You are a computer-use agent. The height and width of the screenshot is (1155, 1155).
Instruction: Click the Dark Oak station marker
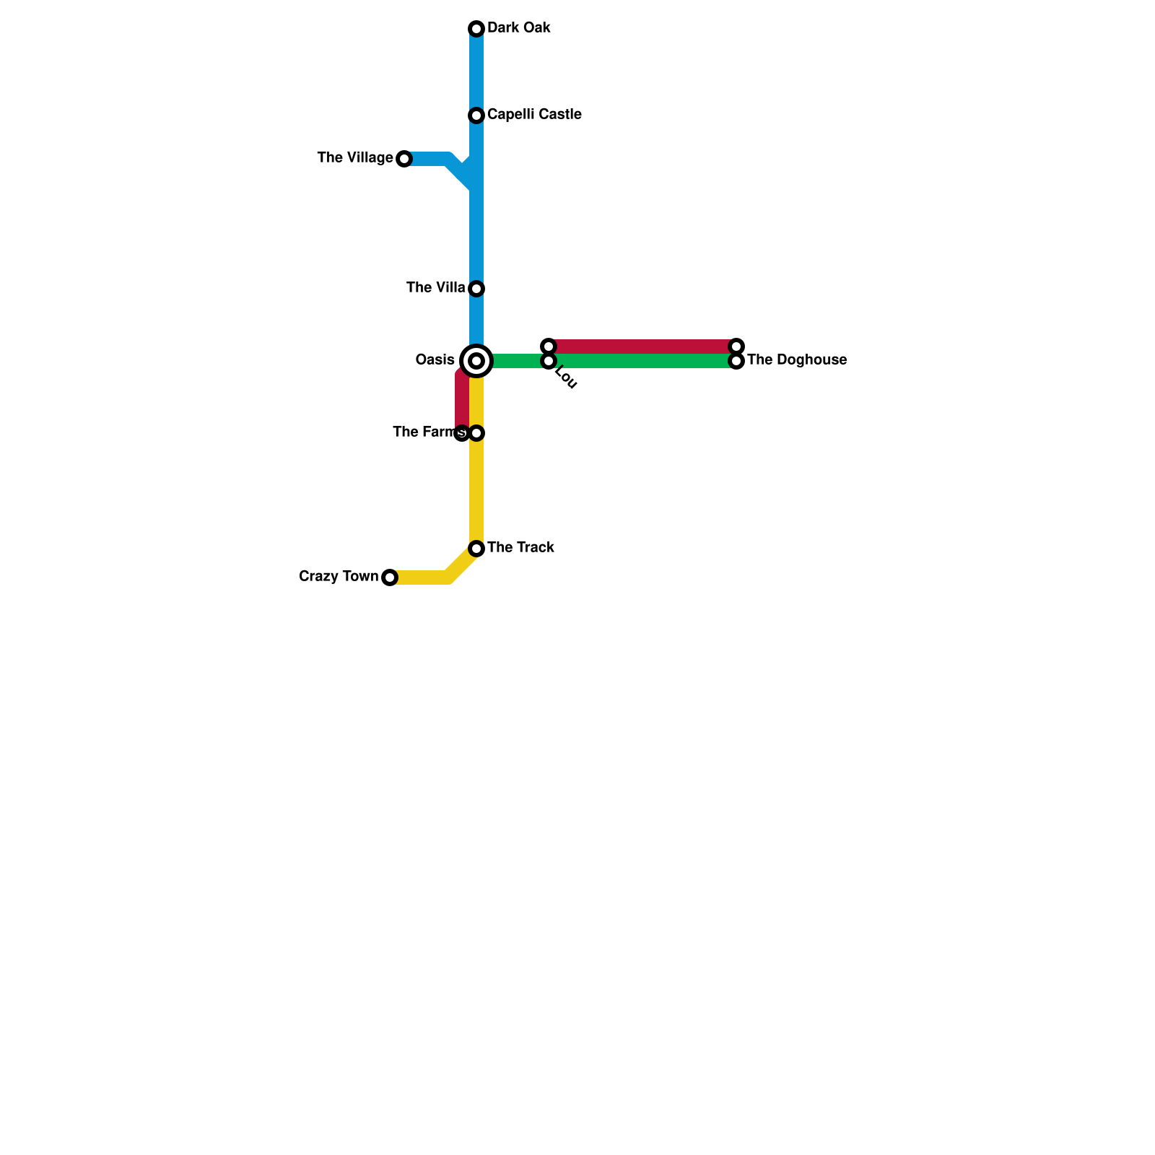pos(476,29)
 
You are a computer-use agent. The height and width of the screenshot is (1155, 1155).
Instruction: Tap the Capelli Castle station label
pos(534,115)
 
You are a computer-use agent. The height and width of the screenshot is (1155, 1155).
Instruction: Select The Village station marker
pos(404,159)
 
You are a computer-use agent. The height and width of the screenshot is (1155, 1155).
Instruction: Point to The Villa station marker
pos(476,289)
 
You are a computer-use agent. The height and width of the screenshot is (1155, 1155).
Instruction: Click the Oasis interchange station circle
pos(476,361)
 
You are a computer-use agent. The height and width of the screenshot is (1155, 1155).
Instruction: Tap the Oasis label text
pos(435,360)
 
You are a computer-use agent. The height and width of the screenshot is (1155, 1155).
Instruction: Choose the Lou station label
pos(565,379)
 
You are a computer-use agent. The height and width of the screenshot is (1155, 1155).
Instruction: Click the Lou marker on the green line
pos(549,361)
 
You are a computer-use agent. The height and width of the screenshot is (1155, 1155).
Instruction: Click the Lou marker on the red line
pos(549,346)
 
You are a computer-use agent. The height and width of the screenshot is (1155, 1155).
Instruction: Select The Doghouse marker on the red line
pos(736,346)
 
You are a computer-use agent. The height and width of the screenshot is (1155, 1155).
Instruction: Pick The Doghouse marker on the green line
pos(736,361)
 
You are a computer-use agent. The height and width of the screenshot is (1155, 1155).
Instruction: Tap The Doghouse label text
pos(797,360)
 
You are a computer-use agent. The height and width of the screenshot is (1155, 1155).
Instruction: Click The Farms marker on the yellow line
pos(476,433)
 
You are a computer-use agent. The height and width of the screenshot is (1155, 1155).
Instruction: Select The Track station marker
pos(476,549)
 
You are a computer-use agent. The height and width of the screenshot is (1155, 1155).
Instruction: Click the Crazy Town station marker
pos(390,577)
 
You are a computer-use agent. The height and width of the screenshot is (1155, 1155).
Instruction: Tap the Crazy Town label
pos(339,577)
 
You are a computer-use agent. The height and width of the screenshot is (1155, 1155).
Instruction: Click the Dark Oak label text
pos(519,28)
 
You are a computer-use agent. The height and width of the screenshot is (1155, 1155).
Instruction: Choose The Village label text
pos(355,158)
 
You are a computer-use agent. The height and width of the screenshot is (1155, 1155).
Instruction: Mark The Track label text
pos(520,548)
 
